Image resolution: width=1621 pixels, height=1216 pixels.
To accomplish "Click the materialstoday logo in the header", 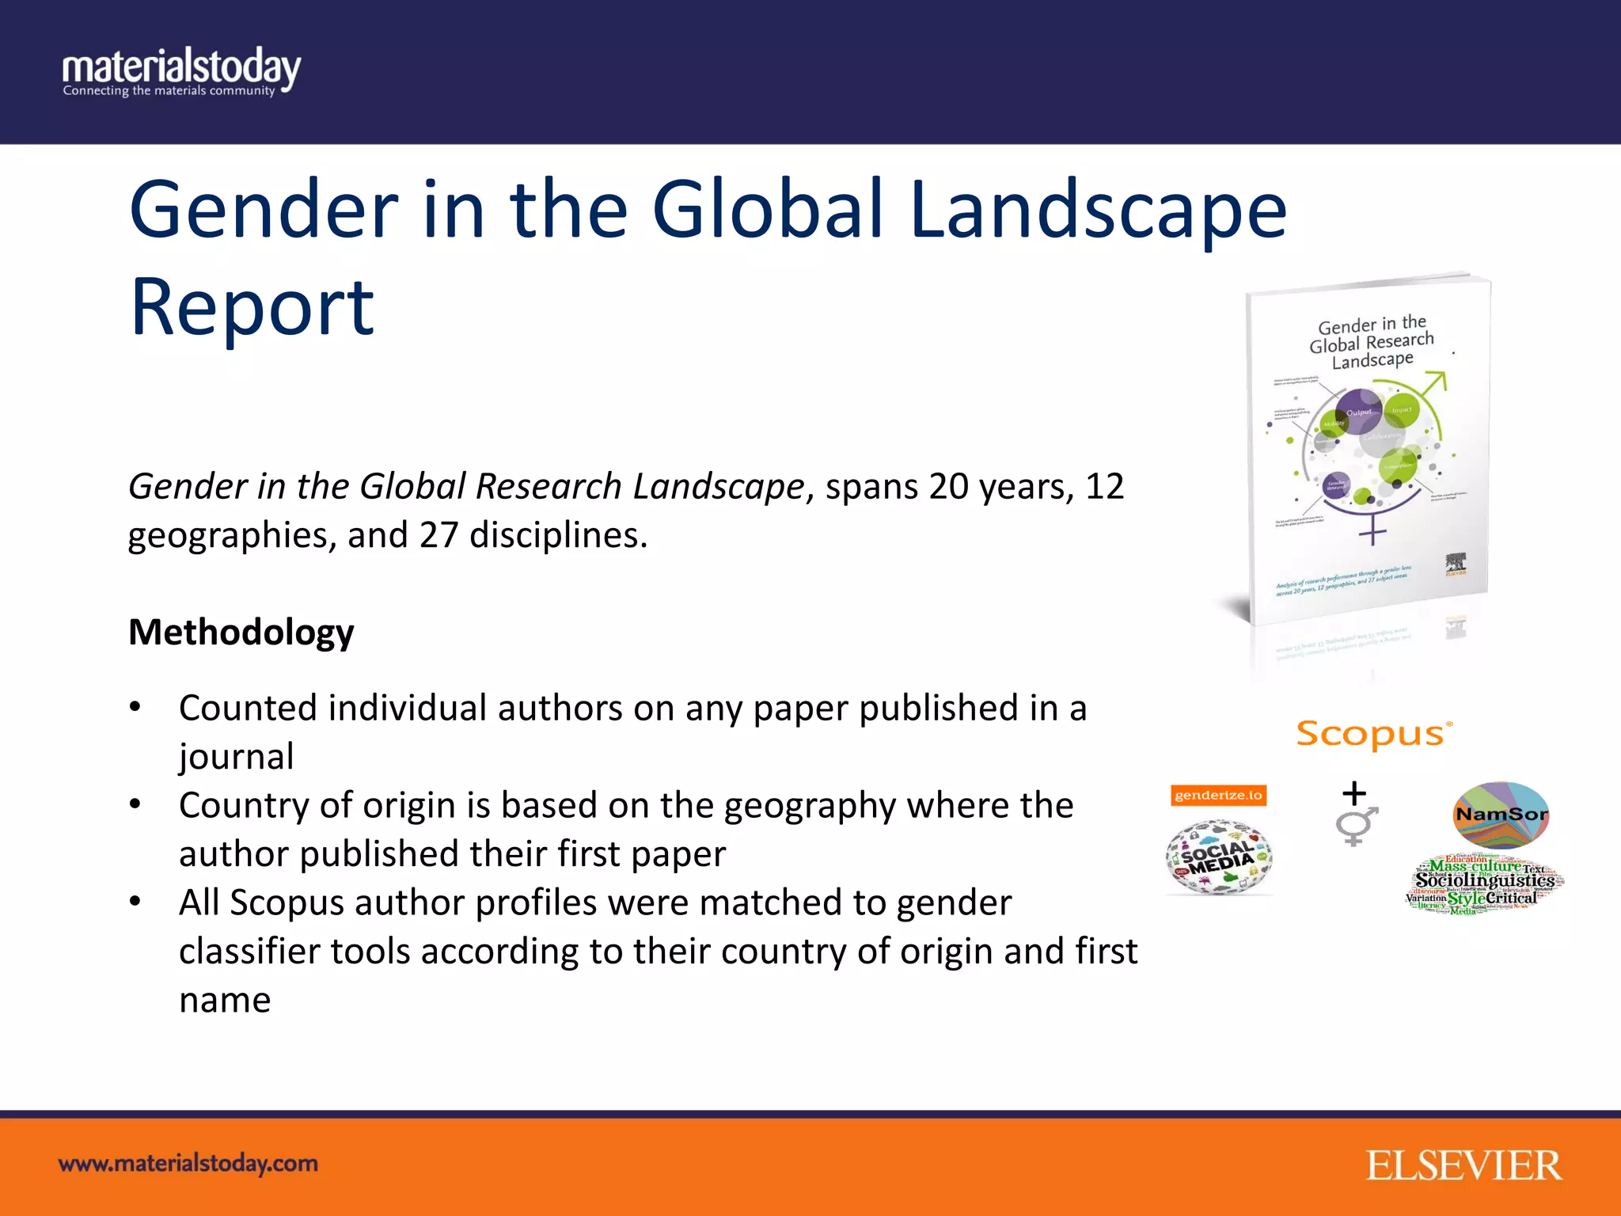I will click(x=181, y=72).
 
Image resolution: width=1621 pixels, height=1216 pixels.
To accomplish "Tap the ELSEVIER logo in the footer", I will click(x=1463, y=1165).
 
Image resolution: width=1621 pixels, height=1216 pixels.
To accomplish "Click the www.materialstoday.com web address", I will click(x=188, y=1164).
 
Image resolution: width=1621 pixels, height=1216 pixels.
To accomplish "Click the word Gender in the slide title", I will click(x=264, y=210).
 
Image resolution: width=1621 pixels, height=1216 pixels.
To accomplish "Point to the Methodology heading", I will click(x=241, y=633).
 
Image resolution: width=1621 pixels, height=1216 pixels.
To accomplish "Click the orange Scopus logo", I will click(x=1374, y=734).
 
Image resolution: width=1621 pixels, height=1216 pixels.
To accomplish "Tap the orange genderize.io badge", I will click(x=1218, y=795).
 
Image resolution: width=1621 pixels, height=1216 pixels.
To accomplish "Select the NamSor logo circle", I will click(x=1501, y=815).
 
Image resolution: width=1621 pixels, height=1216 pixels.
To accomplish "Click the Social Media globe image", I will click(x=1219, y=858).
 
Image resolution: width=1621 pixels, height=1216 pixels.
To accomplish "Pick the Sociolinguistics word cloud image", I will click(x=1484, y=885).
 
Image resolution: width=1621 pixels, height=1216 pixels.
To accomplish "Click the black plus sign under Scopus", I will click(x=1354, y=792).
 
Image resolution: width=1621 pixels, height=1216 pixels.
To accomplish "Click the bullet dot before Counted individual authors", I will click(x=135, y=706).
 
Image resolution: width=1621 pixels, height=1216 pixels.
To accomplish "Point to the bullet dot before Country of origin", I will click(x=135, y=804).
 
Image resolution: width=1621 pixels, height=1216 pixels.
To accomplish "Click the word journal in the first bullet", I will click(x=237, y=757).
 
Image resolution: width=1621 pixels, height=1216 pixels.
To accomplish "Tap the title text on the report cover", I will click(x=1372, y=343).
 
